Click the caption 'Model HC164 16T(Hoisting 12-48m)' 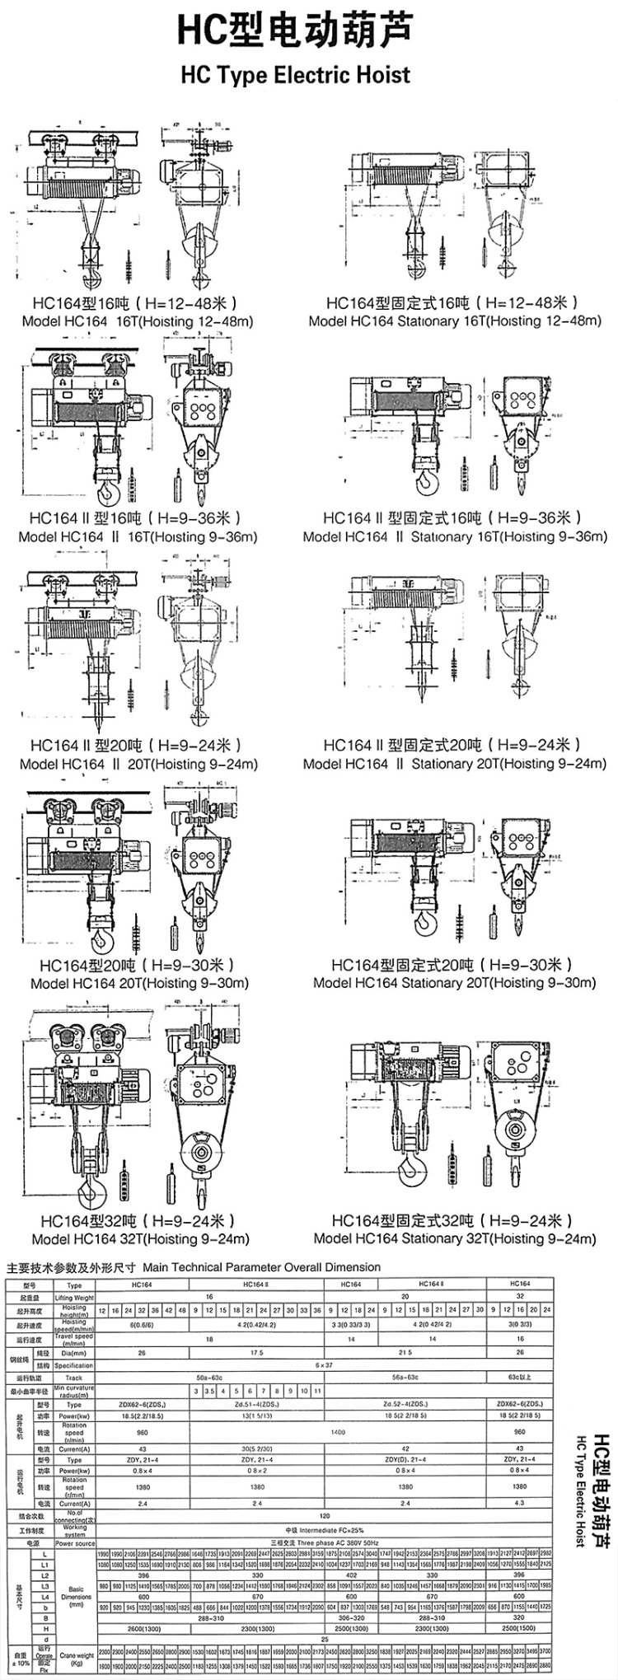[x=137, y=321]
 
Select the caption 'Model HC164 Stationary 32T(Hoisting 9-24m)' [x=454, y=1238]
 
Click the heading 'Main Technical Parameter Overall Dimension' [x=261, y=1266]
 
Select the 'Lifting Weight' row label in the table [x=74, y=1297]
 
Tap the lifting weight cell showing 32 [x=519, y=1297]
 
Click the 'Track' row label [x=74, y=1378]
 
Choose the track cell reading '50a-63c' [x=209, y=1378]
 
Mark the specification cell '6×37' [x=325, y=1365]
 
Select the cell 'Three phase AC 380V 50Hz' [x=325, y=1520]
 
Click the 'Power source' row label [x=74, y=1520]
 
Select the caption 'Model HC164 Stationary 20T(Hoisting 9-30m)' [x=454, y=983]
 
